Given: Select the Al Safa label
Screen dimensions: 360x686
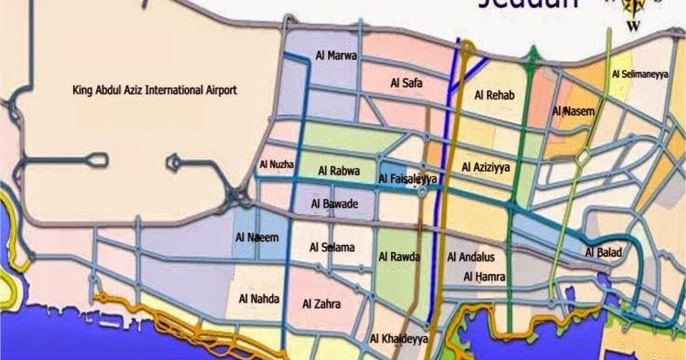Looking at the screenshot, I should point(405,83).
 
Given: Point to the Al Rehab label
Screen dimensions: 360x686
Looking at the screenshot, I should point(496,95).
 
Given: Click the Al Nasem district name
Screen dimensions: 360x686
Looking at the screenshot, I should point(574,111).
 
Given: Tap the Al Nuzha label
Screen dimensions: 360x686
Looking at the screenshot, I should point(276,164).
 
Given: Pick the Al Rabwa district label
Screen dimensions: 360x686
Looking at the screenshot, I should point(339,171).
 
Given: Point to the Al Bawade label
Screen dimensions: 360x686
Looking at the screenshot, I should point(334,203).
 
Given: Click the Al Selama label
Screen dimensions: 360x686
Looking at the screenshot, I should point(332,247).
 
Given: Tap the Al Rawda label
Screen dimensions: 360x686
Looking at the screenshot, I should point(399,257).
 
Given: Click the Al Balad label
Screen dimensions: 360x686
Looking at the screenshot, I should point(604,252).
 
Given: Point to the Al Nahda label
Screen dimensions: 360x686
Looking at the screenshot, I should point(259,298).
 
